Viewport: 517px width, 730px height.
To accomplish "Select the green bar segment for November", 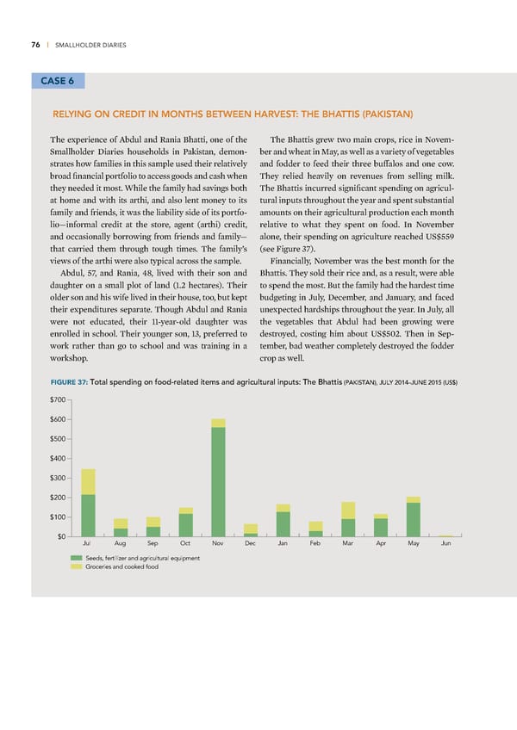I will click(218, 481).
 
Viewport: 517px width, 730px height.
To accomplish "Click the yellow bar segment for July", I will click(88, 481).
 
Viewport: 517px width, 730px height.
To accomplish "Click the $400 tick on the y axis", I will click(59, 459).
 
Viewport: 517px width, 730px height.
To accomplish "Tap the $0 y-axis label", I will click(63, 537).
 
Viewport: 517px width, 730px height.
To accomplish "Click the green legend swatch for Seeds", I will click(77, 559).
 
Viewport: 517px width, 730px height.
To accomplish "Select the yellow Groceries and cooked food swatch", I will click(77, 566).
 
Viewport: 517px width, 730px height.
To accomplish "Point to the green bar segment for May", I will click(413, 519).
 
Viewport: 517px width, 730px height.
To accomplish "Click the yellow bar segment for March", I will click(348, 510).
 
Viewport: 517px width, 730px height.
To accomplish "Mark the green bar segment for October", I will click(185, 525).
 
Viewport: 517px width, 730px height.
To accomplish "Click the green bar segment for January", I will click(283, 524).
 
